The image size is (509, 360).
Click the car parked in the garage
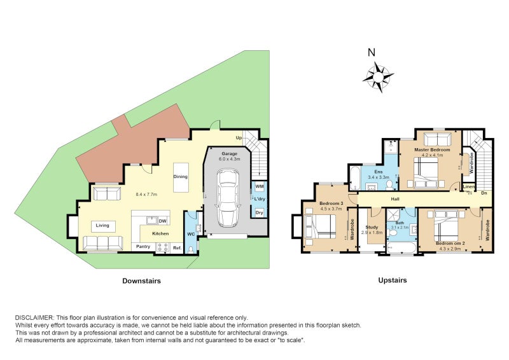(228, 198)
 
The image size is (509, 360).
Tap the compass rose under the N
(378, 77)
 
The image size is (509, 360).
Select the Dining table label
(181, 177)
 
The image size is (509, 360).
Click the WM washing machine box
(260, 186)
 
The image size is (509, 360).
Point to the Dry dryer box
(259, 213)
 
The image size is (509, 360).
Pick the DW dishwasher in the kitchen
(162, 221)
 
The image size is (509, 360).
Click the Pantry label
(143, 247)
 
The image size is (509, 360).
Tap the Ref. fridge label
(178, 248)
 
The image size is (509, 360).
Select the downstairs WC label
(192, 233)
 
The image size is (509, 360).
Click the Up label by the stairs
(239, 137)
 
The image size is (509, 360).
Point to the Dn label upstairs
(484, 193)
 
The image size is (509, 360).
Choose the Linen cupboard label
(469, 187)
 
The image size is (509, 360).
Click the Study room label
(372, 227)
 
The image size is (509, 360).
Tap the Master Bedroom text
(432, 149)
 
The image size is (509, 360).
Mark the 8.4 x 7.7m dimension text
(146, 195)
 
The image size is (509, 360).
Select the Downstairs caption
(141, 280)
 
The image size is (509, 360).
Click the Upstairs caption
(393, 280)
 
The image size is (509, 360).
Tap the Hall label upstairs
(395, 199)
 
